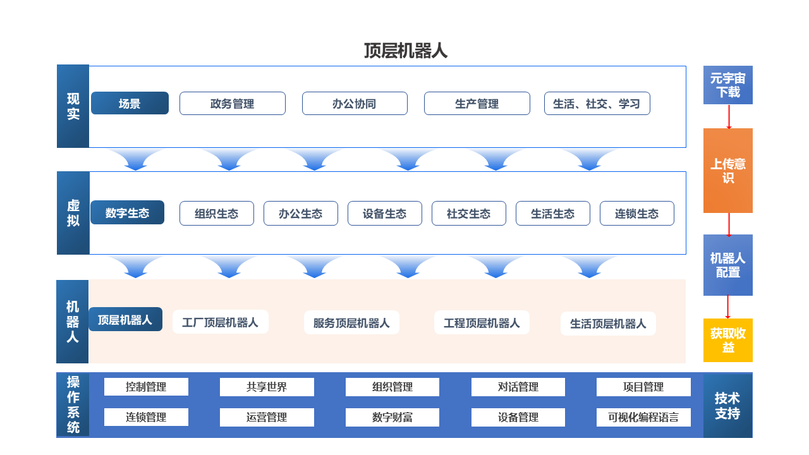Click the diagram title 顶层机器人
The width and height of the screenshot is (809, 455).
tap(406, 51)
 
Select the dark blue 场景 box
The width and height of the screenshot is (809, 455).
tap(130, 103)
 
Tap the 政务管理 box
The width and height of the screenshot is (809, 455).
tap(232, 104)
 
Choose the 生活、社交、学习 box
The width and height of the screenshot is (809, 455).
tap(597, 104)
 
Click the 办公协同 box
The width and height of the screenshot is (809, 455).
tap(355, 104)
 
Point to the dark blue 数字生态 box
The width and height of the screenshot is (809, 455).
tap(127, 213)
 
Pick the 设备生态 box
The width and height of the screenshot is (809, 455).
tap(385, 214)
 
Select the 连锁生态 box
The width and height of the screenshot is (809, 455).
tap(636, 214)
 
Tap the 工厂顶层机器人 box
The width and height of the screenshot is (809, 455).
tap(221, 322)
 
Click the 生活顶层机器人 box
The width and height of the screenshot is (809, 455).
tap(608, 324)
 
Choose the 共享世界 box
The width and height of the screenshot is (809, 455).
tap(267, 387)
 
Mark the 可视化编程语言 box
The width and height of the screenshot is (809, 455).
tap(643, 417)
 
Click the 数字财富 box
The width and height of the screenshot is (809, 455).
tap(392, 417)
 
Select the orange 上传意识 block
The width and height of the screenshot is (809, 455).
tap(727, 171)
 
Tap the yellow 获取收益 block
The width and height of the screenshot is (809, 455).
tap(727, 340)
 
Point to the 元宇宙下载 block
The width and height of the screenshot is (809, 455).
tap(727, 85)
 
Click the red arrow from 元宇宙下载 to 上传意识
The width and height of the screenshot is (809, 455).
tap(729, 117)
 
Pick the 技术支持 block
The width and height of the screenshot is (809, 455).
tap(727, 405)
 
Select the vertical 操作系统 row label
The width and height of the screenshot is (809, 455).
tap(73, 404)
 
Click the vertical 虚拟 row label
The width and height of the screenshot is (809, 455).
tap(73, 213)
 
